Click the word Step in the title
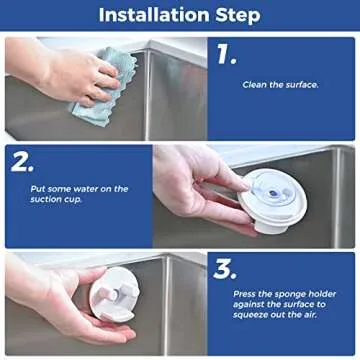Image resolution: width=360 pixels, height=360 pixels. [236, 15]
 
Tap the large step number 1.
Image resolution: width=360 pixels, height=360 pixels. [227, 55]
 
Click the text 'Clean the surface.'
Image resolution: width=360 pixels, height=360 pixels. [280, 85]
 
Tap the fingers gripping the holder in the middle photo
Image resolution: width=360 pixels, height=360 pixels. [205, 170]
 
